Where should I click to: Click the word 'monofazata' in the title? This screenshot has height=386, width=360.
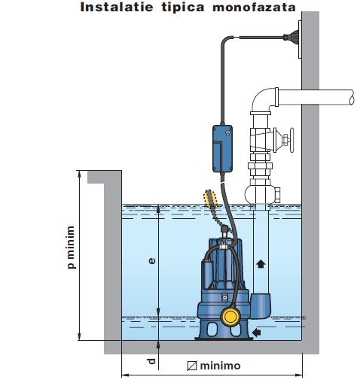pos(254,7)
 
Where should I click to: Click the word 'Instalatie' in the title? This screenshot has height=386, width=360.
pos(117,7)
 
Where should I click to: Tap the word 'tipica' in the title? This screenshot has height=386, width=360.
pos(183,8)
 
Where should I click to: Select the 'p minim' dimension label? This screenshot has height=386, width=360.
pos(71,247)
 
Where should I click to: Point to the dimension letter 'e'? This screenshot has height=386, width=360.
pos(152,261)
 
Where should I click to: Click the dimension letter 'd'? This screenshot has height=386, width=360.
pos(151,361)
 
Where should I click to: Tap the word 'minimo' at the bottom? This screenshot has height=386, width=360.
pos(220,366)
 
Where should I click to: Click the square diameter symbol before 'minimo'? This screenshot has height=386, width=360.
pos(192,366)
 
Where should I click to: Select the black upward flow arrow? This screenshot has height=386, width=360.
pos(261,264)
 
